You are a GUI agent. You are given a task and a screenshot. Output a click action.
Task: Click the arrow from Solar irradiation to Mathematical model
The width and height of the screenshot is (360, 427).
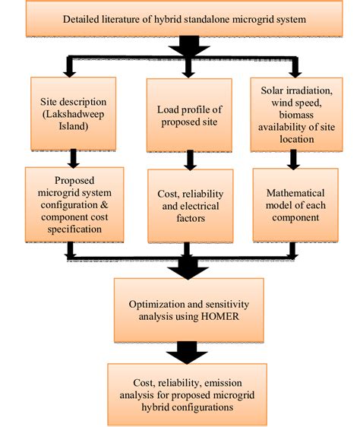[292, 157]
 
